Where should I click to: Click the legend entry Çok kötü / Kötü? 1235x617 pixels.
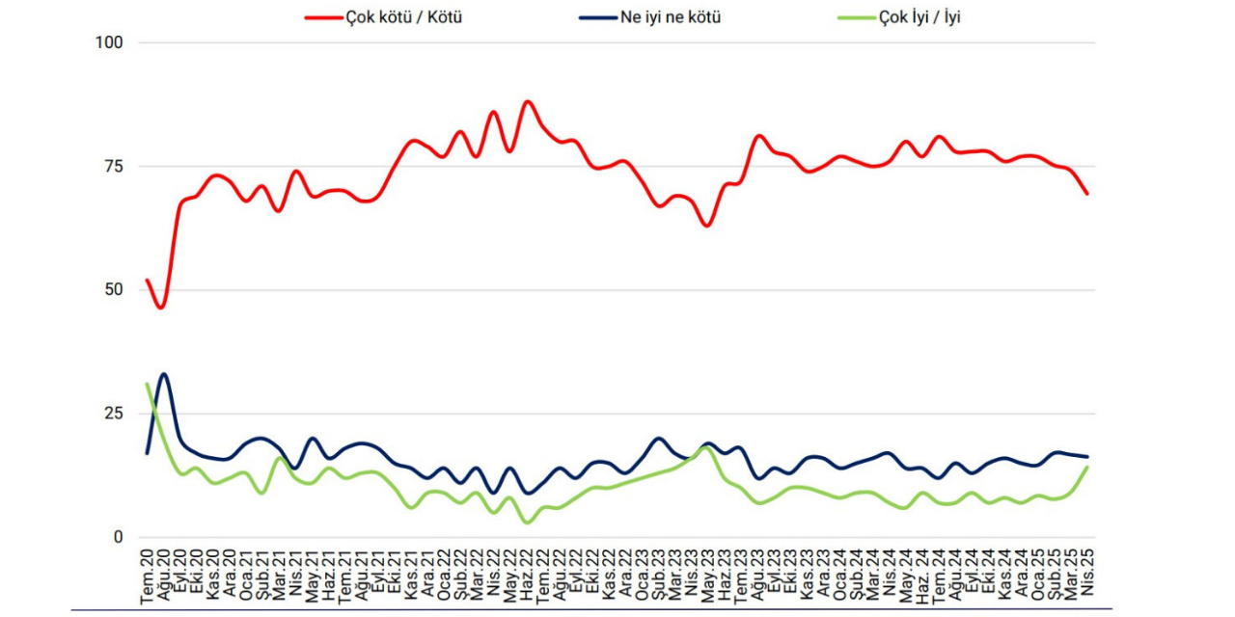tap(403, 17)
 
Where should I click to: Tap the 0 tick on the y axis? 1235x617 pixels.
tap(119, 537)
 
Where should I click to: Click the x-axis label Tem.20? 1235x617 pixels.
tap(148, 576)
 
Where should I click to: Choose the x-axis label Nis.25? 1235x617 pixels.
tap(1087, 576)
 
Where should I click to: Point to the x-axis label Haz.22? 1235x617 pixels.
tap(527, 576)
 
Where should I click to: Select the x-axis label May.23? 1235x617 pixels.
tap(707, 576)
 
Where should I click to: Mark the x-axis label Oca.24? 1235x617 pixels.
tap(839, 576)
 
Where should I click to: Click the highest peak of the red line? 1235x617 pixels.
tap(527, 101)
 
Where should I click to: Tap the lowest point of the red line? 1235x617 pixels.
tap(161, 308)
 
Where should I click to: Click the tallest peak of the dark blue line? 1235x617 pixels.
tap(164, 374)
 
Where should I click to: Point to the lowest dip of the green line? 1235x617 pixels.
tap(527, 523)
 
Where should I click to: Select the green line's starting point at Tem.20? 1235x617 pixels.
tap(148, 384)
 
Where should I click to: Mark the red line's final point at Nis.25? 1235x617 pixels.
tap(1087, 194)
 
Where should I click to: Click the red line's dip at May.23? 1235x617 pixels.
tap(707, 226)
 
